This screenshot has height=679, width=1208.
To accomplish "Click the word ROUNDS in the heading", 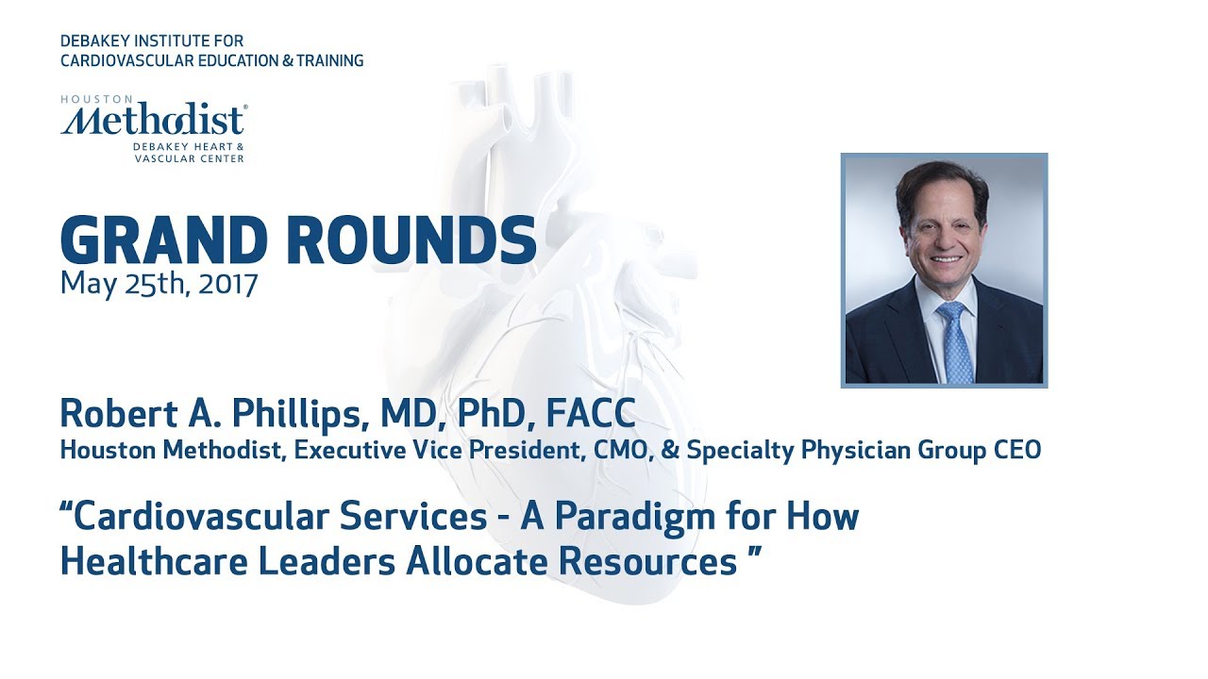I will point(411,240).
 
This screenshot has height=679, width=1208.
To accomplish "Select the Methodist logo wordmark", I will point(154,121).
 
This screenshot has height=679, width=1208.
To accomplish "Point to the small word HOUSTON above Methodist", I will point(85,98).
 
